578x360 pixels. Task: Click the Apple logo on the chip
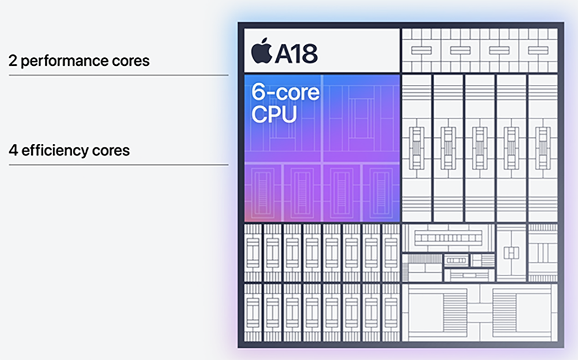262,51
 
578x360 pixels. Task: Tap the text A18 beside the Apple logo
296,53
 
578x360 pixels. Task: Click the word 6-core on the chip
285,92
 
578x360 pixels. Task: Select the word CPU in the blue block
274,114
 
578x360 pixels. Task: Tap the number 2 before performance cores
12,61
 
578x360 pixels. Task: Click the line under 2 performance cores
118,75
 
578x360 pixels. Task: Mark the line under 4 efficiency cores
118,165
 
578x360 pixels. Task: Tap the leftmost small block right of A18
421,50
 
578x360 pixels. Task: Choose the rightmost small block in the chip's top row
538,50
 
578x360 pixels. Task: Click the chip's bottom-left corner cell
253,312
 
